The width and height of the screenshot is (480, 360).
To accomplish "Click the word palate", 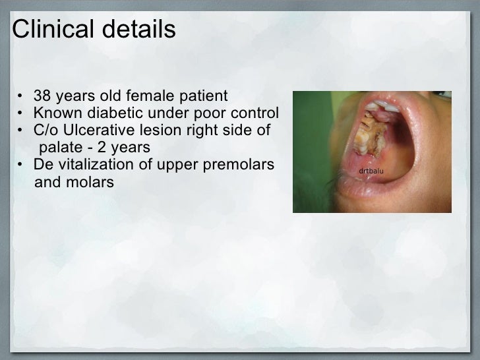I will (x=62, y=146).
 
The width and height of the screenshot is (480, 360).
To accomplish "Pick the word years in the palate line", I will (x=130, y=146).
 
